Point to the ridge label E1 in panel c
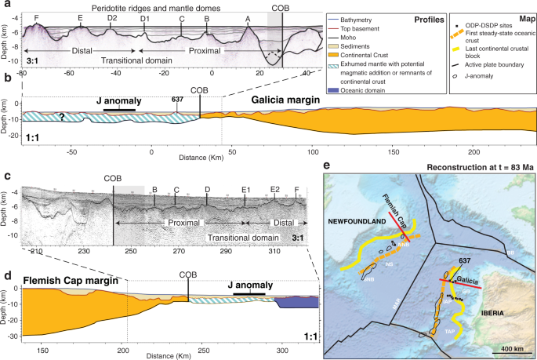point(245,190)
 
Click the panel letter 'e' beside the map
point(326,167)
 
